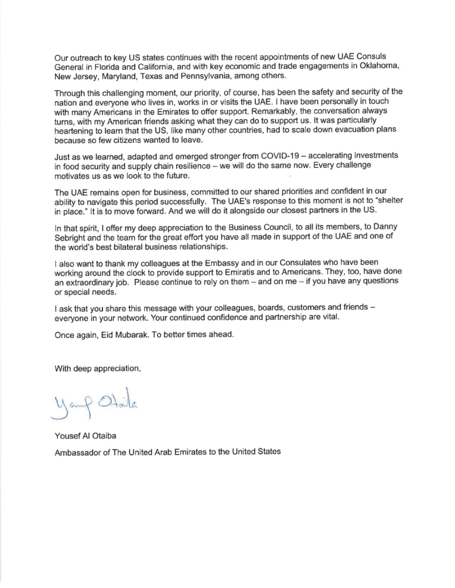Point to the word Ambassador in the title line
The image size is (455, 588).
coord(79,452)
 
